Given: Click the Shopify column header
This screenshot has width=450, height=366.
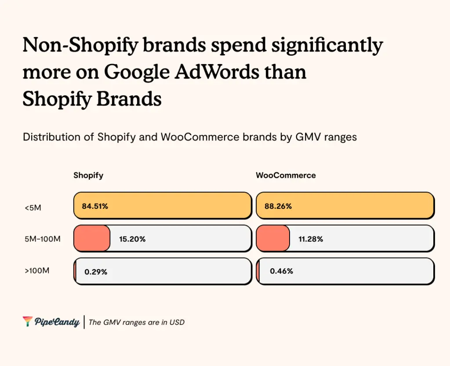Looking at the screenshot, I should tap(88, 176).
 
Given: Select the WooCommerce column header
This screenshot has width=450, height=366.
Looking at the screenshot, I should tap(286, 176).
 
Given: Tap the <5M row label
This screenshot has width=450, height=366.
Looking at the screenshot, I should tap(33, 208).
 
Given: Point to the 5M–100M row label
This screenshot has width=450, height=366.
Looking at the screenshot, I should tap(43, 239).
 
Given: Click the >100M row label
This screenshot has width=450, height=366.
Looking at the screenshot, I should tap(37, 271).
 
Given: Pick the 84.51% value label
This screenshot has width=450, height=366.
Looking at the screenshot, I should tap(95, 206).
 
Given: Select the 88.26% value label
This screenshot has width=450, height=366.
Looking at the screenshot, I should tap(279, 206).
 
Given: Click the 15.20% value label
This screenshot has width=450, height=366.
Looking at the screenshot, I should tap(132, 239).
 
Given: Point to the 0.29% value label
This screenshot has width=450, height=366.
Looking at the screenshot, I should tap(96, 272).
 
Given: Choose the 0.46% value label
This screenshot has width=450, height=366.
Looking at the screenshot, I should tap(281, 271).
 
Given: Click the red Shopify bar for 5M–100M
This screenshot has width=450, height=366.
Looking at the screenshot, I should tap(92, 238).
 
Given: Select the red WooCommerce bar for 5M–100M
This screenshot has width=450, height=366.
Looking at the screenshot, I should tap(273, 238).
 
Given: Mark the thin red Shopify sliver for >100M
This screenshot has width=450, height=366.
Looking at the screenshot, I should tap(75, 271).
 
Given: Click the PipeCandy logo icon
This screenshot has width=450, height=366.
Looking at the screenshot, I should tap(27, 322).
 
